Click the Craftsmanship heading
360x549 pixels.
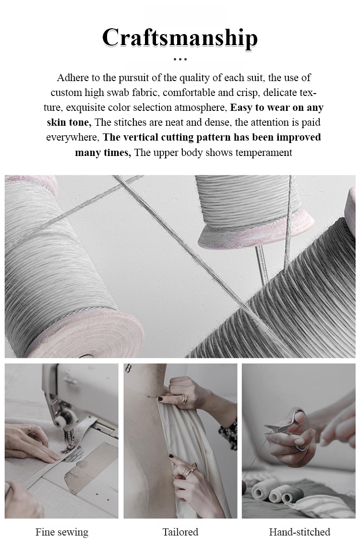pos(180,38)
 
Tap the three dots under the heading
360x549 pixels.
pos(180,60)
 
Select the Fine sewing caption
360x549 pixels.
pos(61,533)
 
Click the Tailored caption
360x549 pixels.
pos(180,532)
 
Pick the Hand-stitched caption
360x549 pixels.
pos(300,532)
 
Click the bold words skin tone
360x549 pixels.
pos(69,122)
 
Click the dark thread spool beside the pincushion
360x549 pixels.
pos(293,495)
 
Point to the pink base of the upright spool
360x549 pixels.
pos(255,233)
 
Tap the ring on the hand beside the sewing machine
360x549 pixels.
pos(30,429)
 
